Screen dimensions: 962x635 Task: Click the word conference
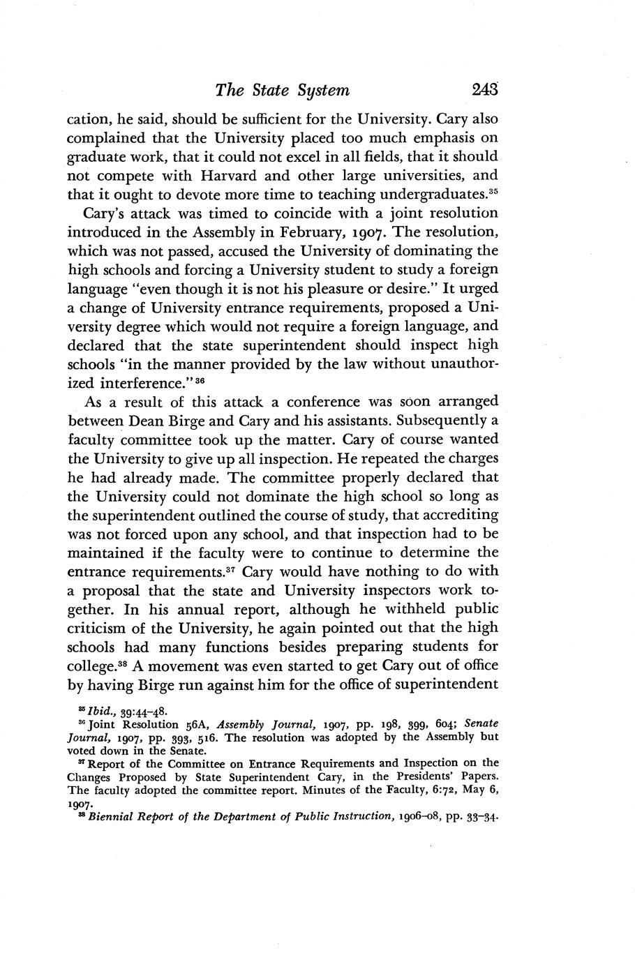[x=336, y=401]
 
